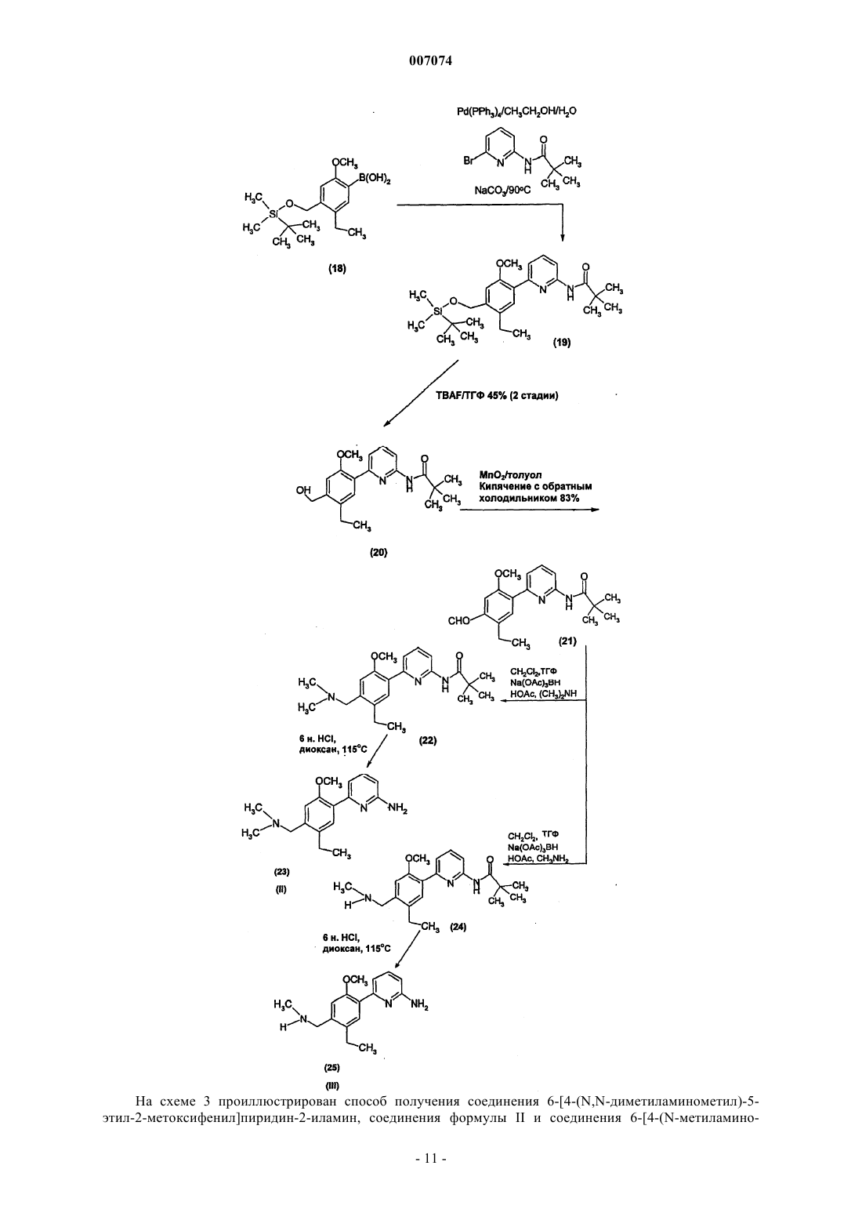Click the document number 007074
(x=430, y=61)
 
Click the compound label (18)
(x=337, y=268)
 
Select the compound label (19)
(x=562, y=343)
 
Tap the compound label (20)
(x=378, y=552)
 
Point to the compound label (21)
(x=567, y=641)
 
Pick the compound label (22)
(x=428, y=740)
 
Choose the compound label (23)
(x=282, y=871)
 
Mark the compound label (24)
(x=457, y=927)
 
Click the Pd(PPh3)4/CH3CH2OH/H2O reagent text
(x=516, y=112)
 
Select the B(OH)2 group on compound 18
(x=374, y=179)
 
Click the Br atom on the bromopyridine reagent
(x=469, y=162)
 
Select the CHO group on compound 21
(x=458, y=620)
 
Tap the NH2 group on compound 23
(x=397, y=810)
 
